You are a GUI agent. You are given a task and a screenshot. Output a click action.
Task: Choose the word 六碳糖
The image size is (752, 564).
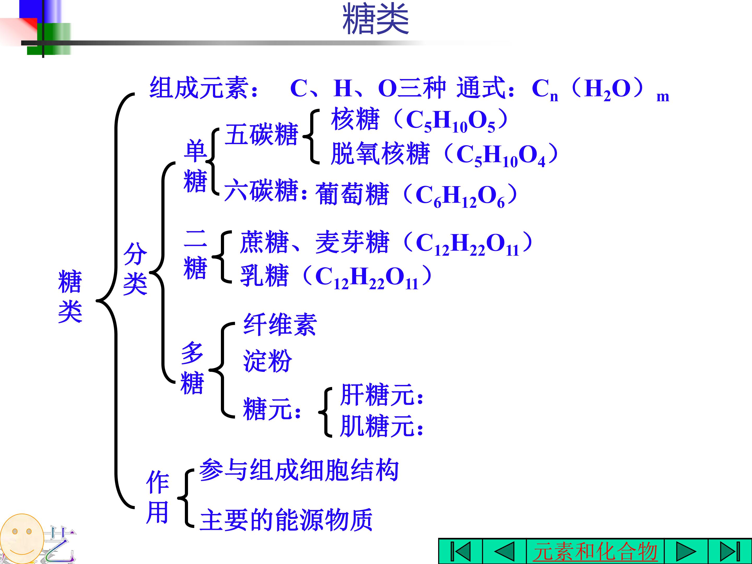tap(261, 190)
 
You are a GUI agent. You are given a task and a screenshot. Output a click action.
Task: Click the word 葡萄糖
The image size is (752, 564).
tap(352, 193)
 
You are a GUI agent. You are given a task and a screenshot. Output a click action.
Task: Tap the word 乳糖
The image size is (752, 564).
tap(265, 275)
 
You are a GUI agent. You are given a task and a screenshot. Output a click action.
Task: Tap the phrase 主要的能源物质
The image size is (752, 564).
tap(286, 519)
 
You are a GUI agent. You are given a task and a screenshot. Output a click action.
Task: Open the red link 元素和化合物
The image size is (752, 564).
tap(595, 551)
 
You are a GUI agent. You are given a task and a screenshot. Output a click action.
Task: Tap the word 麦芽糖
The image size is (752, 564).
tap(352, 242)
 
